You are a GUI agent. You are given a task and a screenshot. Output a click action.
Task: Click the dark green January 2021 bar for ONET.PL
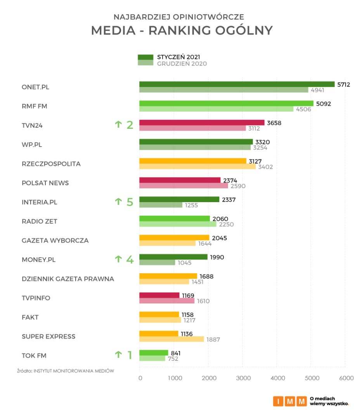(237, 84)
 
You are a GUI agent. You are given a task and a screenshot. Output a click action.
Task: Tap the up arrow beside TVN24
(118, 125)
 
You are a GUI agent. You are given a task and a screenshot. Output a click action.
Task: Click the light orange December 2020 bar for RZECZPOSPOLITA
(197, 167)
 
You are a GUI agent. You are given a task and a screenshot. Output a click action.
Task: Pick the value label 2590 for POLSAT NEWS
(238, 186)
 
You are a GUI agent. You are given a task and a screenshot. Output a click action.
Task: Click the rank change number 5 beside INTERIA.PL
(130, 202)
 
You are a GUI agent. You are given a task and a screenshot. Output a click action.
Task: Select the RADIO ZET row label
(40, 221)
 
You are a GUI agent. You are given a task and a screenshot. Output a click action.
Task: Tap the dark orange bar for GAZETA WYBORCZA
(174, 237)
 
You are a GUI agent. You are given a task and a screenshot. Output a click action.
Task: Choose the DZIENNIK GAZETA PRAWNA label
(68, 279)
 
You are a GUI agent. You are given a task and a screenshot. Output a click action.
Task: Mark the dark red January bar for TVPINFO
(159, 295)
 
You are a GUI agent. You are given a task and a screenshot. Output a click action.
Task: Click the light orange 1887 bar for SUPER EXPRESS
(171, 339)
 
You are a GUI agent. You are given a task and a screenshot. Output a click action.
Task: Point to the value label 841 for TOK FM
(176, 353)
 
